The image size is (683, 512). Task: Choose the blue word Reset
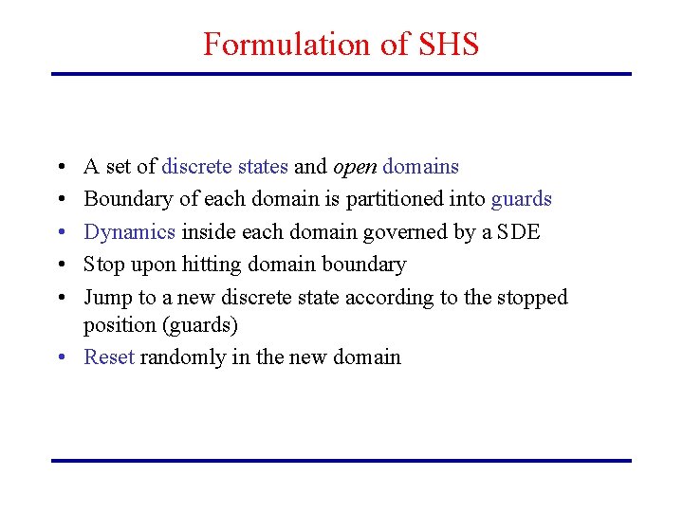point(109,357)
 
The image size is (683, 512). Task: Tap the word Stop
point(105,264)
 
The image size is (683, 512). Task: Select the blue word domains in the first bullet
point(420,167)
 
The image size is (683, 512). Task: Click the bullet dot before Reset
point(60,358)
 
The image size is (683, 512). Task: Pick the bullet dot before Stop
point(60,265)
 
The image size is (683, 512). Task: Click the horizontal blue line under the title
point(341,74)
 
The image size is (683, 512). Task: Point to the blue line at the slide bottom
point(341,461)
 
